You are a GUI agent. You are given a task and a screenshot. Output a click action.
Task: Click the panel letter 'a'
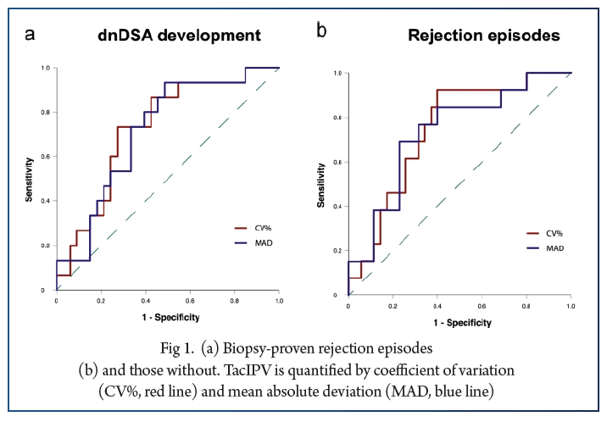pos(31,34)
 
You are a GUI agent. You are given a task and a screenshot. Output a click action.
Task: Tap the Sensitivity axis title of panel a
pos(32,179)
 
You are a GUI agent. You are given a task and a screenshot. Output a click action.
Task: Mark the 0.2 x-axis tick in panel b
pos(393,305)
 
